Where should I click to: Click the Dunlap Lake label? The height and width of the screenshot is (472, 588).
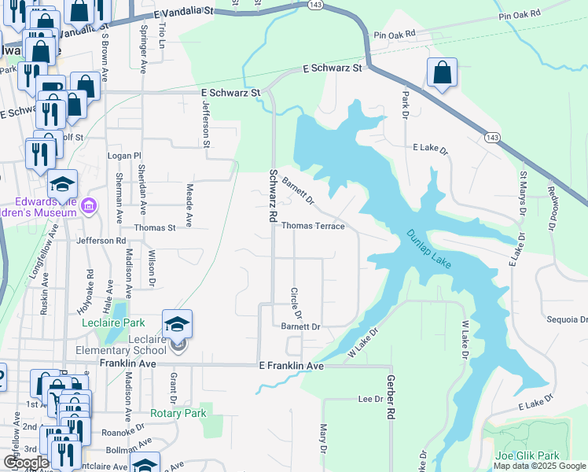(x=429, y=249)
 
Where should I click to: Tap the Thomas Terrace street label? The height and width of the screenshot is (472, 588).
(x=313, y=226)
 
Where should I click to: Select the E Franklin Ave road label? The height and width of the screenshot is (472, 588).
(x=292, y=367)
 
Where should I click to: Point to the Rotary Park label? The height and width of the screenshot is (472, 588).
(x=178, y=413)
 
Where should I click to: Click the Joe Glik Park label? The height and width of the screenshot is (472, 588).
(x=527, y=455)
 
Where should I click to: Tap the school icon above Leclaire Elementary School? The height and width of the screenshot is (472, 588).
(x=178, y=323)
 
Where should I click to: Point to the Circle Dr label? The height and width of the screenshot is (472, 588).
(x=297, y=302)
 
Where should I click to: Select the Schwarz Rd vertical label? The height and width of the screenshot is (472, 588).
(x=273, y=194)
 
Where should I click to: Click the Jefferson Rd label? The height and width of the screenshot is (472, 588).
(x=101, y=241)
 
